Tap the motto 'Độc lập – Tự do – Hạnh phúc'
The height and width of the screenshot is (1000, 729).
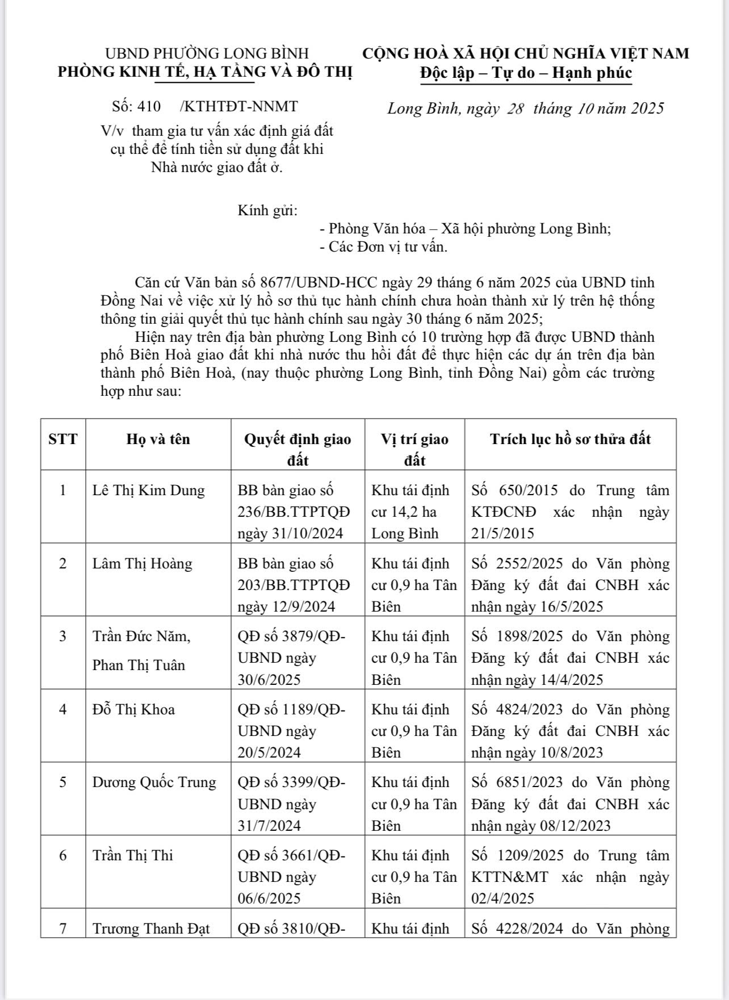pyautogui.click(x=526, y=73)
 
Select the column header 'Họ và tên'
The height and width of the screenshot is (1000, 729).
pyautogui.click(x=158, y=439)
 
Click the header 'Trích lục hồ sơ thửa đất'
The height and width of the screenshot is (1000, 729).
pyautogui.click(x=570, y=439)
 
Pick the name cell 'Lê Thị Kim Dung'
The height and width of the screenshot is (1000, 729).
pyautogui.click(x=148, y=491)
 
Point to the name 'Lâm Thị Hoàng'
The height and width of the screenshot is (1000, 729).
pyautogui.click(x=142, y=564)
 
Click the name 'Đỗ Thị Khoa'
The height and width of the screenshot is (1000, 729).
pyautogui.click(x=133, y=710)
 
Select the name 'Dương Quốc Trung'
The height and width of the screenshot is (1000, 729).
pyautogui.click(x=154, y=783)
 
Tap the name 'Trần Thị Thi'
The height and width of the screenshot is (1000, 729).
pyautogui.click(x=132, y=856)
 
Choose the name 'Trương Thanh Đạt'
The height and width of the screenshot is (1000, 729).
pyautogui.click(x=151, y=929)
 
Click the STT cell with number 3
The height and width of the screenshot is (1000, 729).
pyautogui.click(x=63, y=637)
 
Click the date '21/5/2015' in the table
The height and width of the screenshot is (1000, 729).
pyautogui.click(x=502, y=534)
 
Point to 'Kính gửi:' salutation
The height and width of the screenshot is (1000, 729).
pyautogui.click(x=267, y=211)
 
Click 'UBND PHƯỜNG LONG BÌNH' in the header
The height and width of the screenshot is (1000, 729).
pyautogui.click(x=207, y=53)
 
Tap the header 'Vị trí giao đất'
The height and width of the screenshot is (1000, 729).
pyautogui.click(x=414, y=449)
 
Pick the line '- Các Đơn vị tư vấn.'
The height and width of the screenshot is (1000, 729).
pyautogui.click(x=384, y=247)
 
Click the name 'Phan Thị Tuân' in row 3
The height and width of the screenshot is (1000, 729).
pyautogui.click(x=139, y=666)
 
